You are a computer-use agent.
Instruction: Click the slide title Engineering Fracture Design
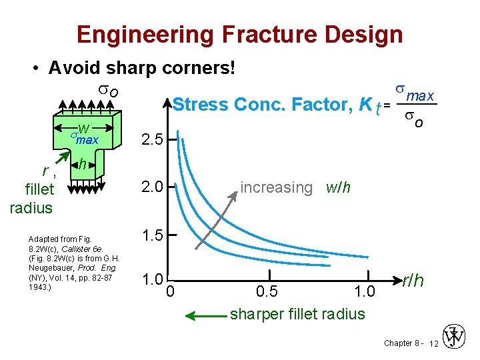239,34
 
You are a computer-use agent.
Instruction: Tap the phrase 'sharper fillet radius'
297,314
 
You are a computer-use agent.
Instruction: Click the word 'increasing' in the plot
276,188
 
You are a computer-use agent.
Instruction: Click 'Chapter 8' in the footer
401,343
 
